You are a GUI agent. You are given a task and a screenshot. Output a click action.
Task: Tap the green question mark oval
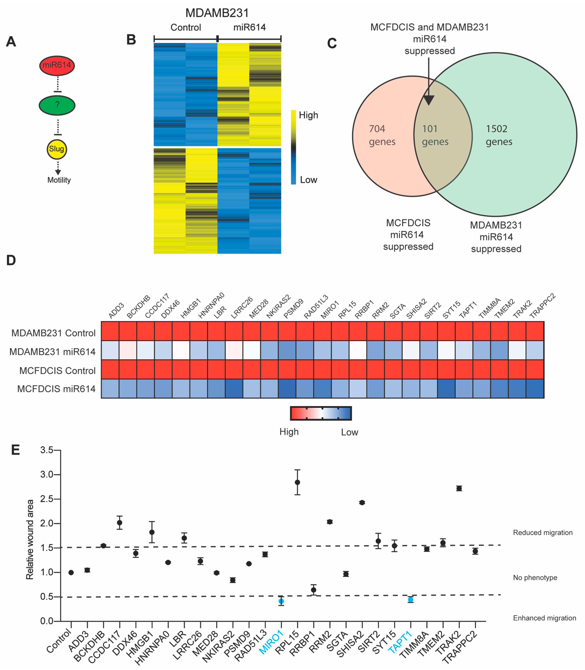pyautogui.click(x=57, y=105)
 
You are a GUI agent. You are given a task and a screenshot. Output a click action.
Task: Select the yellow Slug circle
pyautogui.click(x=57, y=149)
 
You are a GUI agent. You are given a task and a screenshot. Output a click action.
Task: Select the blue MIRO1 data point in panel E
pyautogui.click(x=281, y=601)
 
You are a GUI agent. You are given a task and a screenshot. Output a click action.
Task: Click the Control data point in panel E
pyautogui.click(x=71, y=572)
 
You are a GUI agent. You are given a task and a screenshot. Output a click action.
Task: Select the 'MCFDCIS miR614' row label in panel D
pyautogui.click(x=56, y=389)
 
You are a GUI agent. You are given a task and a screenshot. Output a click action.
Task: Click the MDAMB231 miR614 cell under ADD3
pyautogui.click(x=110, y=350)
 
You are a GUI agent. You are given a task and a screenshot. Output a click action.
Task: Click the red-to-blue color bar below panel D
pyautogui.click(x=321, y=413)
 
